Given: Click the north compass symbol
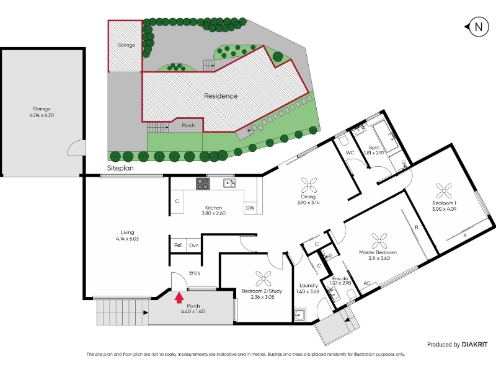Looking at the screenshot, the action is pyautogui.click(x=477, y=27).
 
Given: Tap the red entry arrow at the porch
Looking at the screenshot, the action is pyautogui.click(x=179, y=298).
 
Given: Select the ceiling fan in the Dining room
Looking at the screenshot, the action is pyautogui.click(x=309, y=185).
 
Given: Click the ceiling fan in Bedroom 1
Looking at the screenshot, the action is pyautogui.click(x=444, y=191).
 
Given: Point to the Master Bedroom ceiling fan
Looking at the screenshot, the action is pyautogui.click(x=379, y=241).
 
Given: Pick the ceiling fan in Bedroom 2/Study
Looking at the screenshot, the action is pyautogui.click(x=263, y=279).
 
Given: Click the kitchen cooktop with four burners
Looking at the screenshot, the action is pyautogui.click(x=203, y=184).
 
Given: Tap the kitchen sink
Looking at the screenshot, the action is pyautogui.click(x=229, y=183).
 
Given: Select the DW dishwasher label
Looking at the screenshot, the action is pyautogui.click(x=250, y=208).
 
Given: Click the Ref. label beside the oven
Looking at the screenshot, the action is pyautogui.click(x=179, y=245).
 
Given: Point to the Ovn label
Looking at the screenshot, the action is pyautogui.click(x=193, y=246).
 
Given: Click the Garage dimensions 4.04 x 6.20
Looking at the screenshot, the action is pyautogui.click(x=42, y=115).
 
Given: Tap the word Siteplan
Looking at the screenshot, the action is pyautogui.click(x=120, y=168).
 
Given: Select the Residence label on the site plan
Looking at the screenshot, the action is pyautogui.click(x=221, y=96).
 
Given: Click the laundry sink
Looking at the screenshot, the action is pyautogui.click(x=299, y=315).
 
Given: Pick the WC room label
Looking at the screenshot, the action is pyautogui.click(x=350, y=153).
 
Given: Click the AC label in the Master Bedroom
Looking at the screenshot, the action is pyautogui.click(x=366, y=283).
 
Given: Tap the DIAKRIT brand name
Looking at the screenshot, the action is pyautogui.click(x=474, y=345).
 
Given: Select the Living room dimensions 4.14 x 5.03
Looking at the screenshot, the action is pyautogui.click(x=127, y=239).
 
